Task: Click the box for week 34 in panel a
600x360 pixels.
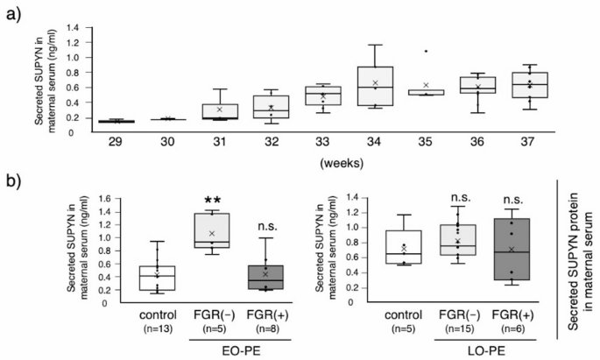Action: point(375,86)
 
